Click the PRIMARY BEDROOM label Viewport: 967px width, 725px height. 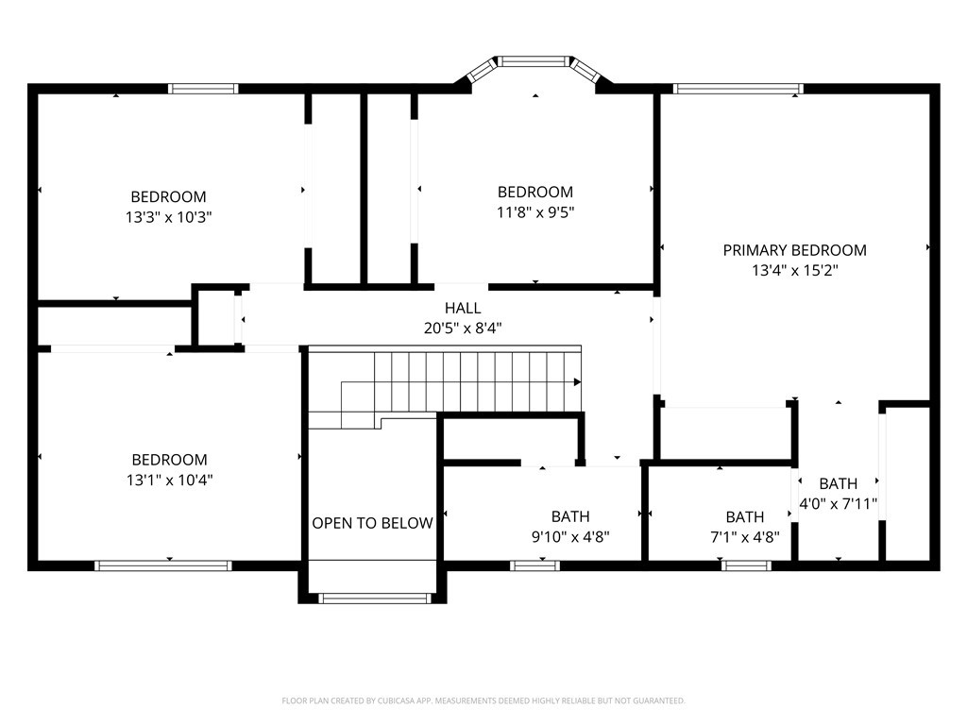[x=794, y=250]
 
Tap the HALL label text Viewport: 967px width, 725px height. [x=463, y=308]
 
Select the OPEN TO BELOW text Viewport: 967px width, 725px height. [x=372, y=523]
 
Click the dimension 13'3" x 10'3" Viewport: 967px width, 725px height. [x=168, y=216]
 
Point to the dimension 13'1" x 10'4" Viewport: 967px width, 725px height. [x=169, y=480]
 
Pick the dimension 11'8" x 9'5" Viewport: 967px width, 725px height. [x=535, y=211]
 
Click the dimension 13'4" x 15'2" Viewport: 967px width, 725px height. [x=794, y=269]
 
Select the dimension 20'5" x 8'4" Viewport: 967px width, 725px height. [x=463, y=328]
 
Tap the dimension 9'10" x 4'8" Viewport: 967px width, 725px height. [x=570, y=536]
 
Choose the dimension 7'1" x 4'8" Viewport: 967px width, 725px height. [x=744, y=536]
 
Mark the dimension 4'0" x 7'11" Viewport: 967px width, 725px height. [x=839, y=503]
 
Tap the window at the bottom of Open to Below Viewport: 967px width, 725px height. [x=375, y=598]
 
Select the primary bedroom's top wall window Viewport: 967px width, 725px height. [x=738, y=90]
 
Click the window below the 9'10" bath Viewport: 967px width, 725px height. [x=534, y=565]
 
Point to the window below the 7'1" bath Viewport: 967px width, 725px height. [x=746, y=565]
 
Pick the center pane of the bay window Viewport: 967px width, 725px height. [x=535, y=61]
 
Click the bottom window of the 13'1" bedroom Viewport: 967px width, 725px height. [x=163, y=565]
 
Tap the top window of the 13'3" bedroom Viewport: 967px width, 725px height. [x=203, y=89]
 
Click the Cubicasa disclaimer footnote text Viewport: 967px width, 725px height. [x=483, y=700]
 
